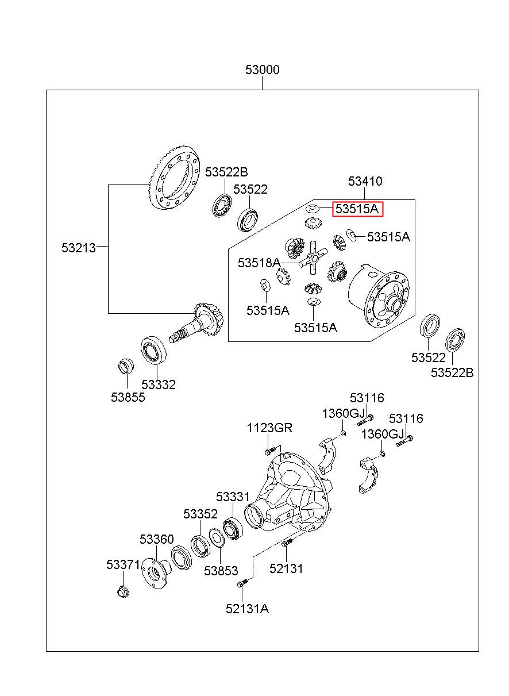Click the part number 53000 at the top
[262, 70]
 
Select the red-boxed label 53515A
[357, 209]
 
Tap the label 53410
[365, 181]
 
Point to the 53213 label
[79, 248]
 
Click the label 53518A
[259, 263]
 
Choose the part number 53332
[159, 384]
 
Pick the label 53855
[128, 397]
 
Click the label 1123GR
[269, 428]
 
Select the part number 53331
[233, 497]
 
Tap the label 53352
[200, 514]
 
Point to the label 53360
[156, 539]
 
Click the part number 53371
[123, 564]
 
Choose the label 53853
[221, 571]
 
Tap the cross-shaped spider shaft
[313, 257]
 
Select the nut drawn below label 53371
[124, 591]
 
